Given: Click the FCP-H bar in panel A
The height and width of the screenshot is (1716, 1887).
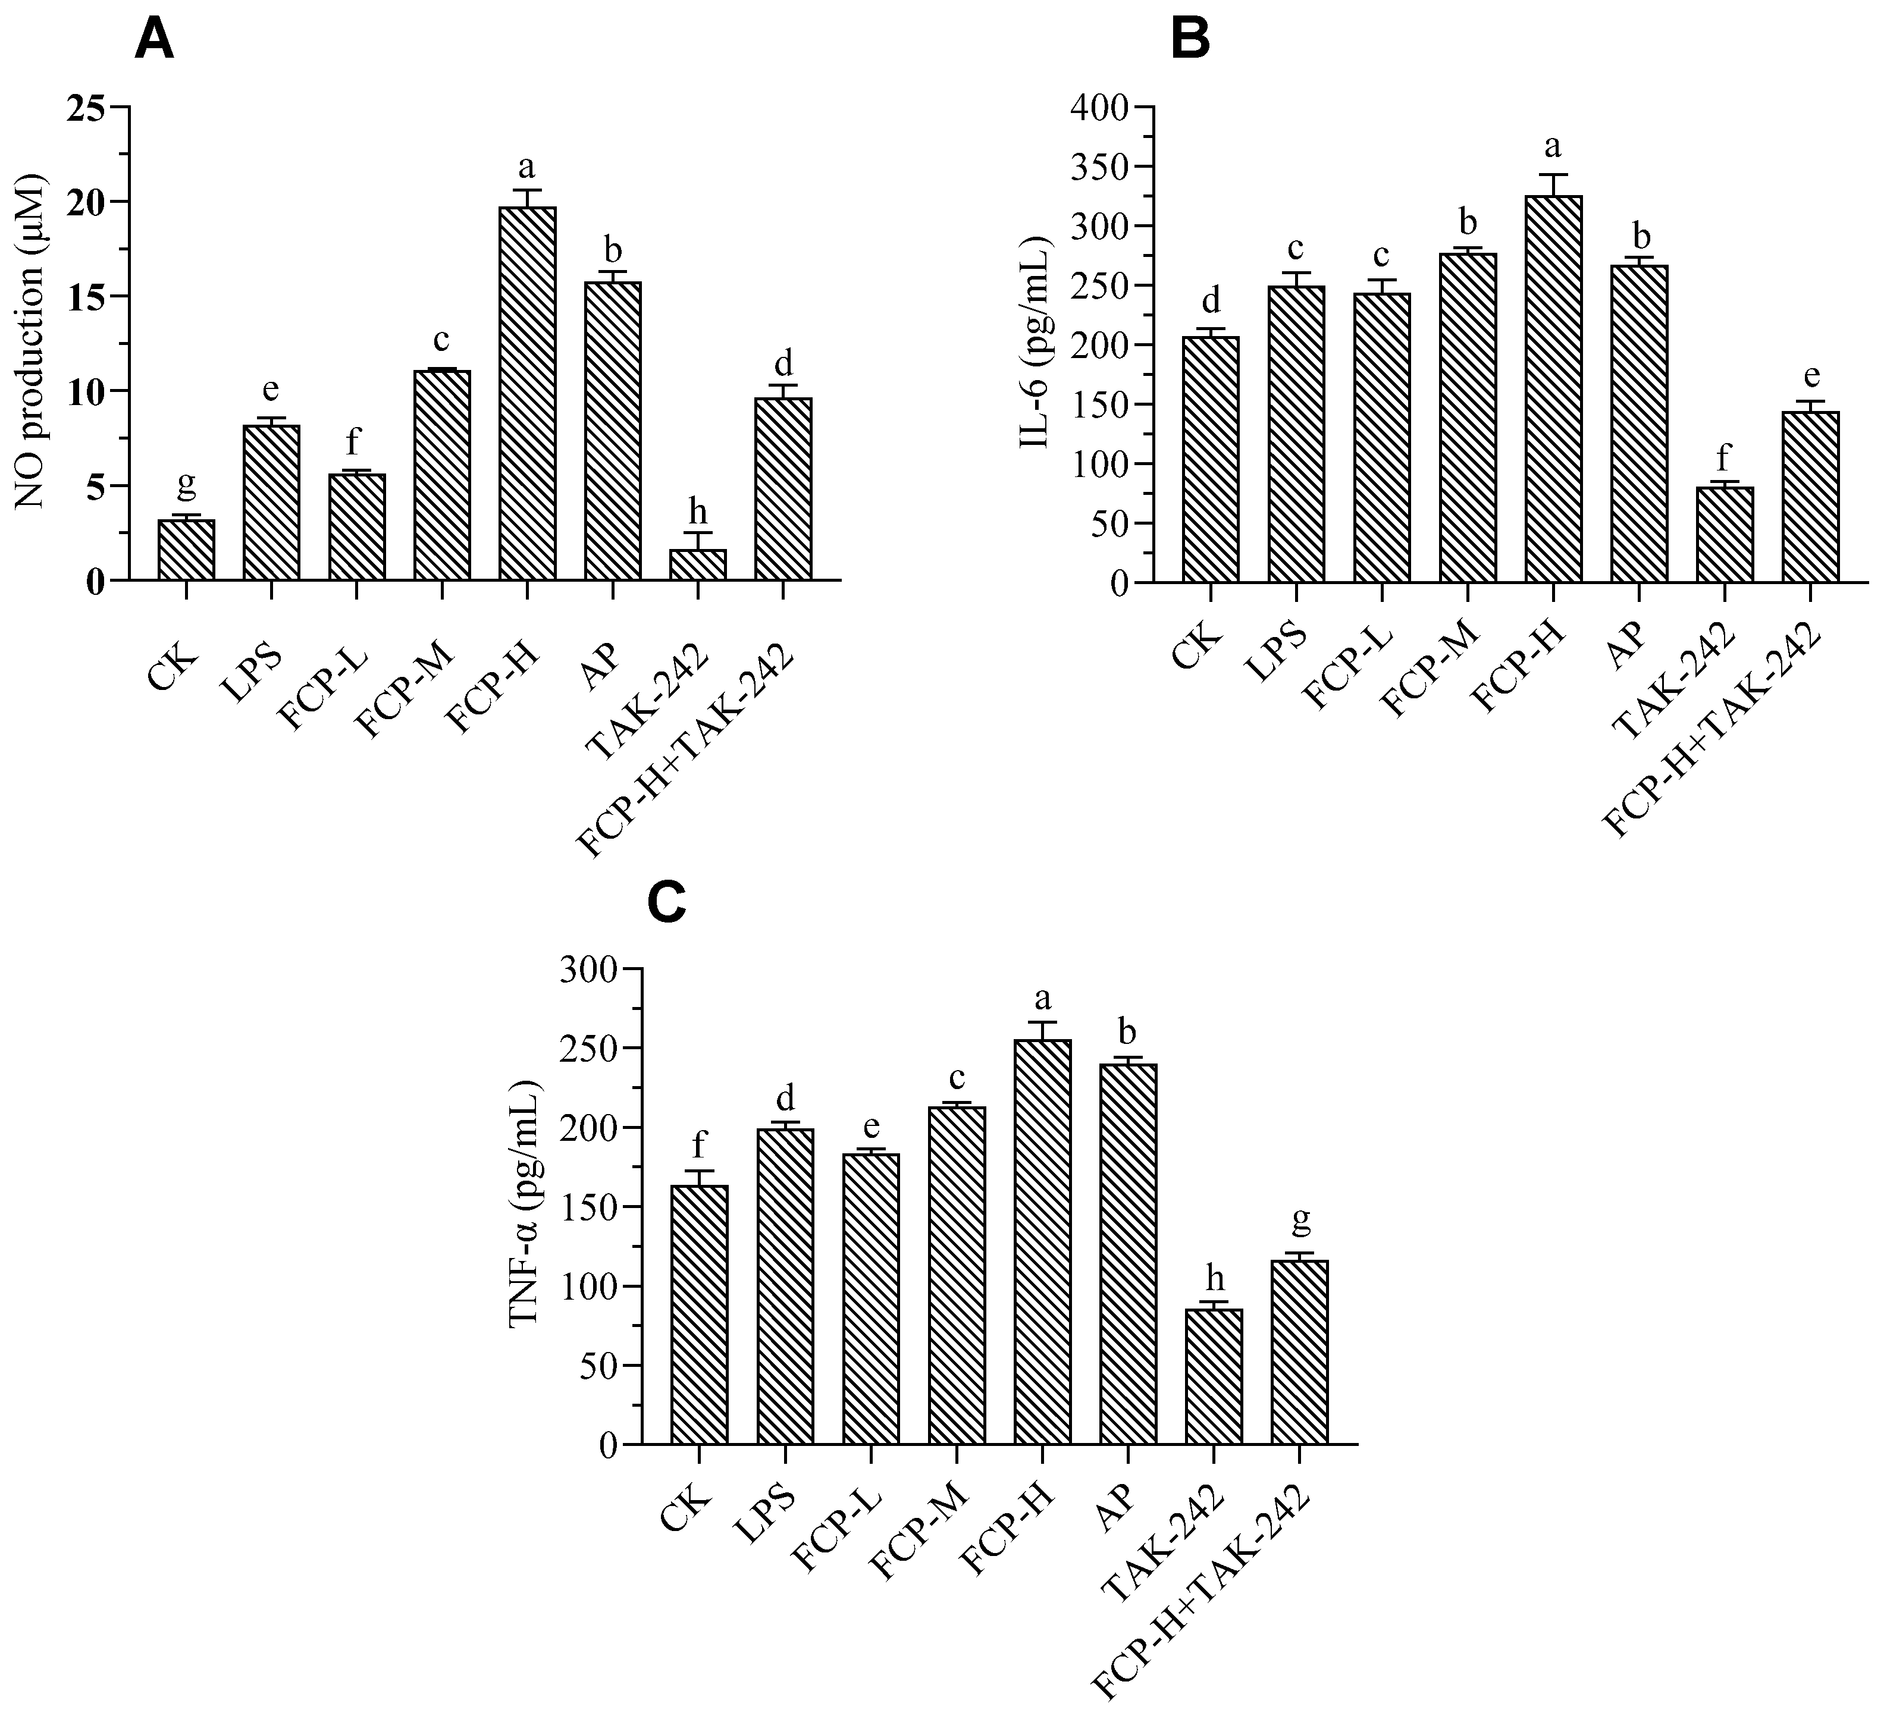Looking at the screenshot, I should pos(527,393).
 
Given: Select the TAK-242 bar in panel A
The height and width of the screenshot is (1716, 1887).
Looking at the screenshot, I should pos(698,564).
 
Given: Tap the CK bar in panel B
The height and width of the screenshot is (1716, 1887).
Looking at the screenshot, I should pos(1210,459).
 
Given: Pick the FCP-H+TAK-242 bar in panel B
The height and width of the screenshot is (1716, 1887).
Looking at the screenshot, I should pos(1810,497).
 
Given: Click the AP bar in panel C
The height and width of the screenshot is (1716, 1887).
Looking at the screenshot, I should pos(1128,1254).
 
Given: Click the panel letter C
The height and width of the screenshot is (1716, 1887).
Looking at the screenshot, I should pos(667,903).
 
